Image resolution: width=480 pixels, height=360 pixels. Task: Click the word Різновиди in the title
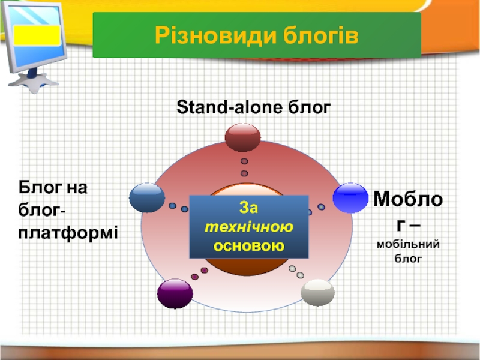(x=215, y=35)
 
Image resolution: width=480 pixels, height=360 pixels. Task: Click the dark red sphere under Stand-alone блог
(x=243, y=137)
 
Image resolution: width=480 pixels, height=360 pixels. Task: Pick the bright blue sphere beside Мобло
(x=350, y=198)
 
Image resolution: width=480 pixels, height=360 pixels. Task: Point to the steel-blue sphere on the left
(x=147, y=198)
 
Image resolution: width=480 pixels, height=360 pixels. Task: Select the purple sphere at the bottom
(x=175, y=293)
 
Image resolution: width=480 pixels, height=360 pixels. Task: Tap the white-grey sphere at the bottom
(x=317, y=293)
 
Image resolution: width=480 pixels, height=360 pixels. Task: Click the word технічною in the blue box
(x=249, y=227)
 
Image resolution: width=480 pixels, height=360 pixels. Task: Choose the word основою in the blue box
(x=249, y=246)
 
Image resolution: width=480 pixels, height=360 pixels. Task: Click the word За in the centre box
(x=248, y=208)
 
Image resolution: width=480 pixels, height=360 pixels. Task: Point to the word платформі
(x=68, y=233)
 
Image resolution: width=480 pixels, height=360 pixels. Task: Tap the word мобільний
(x=409, y=244)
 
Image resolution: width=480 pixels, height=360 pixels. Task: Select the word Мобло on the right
(x=408, y=199)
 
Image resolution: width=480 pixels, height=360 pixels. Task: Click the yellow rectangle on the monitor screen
(x=37, y=35)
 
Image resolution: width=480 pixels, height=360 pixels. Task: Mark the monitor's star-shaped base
(x=34, y=82)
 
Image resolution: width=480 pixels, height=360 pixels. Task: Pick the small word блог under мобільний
(x=408, y=259)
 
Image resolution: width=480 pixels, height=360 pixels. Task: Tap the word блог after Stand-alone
(x=309, y=108)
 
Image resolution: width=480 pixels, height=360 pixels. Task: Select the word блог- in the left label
(x=41, y=211)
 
